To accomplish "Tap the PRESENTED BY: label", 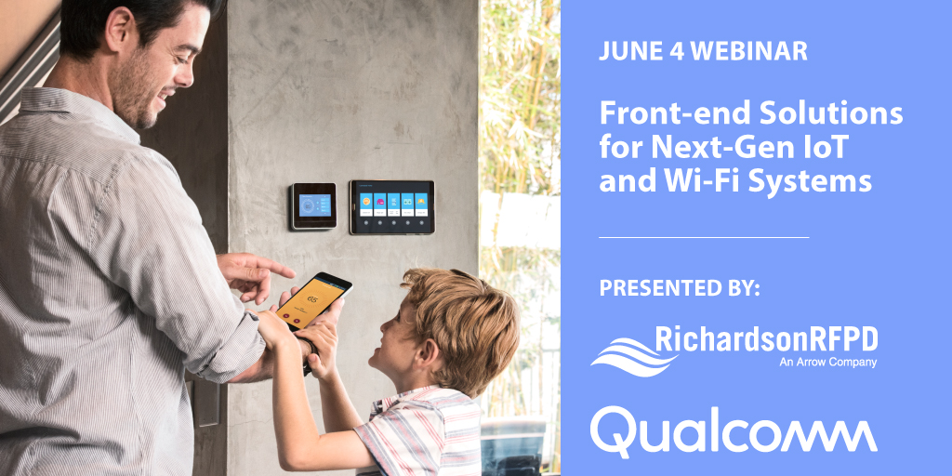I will click(x=680, y=287).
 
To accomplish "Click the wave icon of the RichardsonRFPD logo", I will click(x=621, y=353).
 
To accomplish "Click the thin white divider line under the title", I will click(x=704, y=237).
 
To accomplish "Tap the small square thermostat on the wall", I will click(x=312, y=205).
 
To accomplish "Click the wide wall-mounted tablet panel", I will click(x=391, y=206).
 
